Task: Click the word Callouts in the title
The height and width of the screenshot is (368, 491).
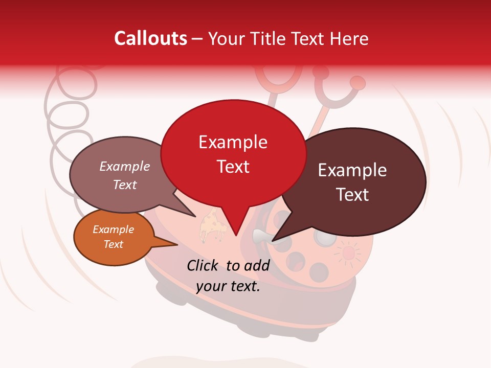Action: point(150,38)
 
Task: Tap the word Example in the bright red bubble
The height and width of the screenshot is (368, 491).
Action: point(233,142)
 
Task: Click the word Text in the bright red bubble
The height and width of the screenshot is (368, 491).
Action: point(233,167)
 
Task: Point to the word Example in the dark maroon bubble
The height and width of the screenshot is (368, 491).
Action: point(352,170)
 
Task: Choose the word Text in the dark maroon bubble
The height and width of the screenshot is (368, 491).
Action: point(352,195)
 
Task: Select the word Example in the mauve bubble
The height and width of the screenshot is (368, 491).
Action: point(124,167)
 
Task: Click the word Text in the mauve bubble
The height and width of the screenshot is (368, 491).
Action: point(124,185)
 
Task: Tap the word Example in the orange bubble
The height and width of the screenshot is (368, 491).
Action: point(113,229)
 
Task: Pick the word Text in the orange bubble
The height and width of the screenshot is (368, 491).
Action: point(113,244)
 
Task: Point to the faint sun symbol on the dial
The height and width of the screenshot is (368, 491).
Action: point(348,252)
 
